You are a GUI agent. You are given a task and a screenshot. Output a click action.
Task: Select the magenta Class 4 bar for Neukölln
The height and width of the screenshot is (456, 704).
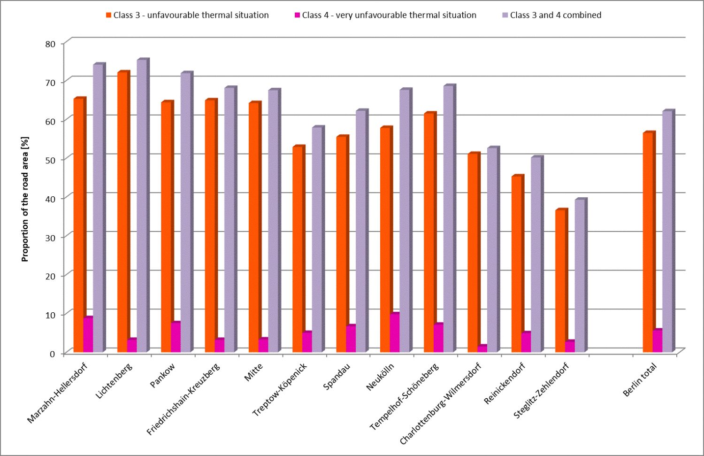coord(394,333)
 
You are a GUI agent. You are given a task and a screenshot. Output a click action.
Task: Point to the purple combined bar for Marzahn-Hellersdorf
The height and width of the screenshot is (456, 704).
coord(98,209)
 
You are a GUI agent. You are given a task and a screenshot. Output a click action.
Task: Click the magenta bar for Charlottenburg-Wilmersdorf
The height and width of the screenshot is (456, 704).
coord(482,349)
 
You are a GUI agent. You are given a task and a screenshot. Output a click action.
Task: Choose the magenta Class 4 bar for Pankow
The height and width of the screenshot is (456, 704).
coord(175,338)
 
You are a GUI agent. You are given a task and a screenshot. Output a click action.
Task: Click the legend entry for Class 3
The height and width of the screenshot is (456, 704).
coord(187,15)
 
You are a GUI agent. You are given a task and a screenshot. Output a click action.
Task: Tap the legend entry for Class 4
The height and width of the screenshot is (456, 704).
coord(385,15)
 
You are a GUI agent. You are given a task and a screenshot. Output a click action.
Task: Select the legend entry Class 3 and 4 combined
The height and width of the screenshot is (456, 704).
coord(551,15)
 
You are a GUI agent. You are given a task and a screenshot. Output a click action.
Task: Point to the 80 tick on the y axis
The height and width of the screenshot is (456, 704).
coord(50,44)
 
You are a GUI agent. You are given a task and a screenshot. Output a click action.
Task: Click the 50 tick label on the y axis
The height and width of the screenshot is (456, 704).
coord(50,160)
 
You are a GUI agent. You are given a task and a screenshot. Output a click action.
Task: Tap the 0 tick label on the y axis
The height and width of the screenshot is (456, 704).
coord(53,354)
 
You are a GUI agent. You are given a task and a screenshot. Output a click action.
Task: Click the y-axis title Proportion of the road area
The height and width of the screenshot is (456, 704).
coord(25,199)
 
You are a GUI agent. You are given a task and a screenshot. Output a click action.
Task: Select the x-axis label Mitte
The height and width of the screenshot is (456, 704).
coord(253,372)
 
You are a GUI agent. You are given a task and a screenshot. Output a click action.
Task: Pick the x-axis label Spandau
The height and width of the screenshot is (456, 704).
coord(337,377)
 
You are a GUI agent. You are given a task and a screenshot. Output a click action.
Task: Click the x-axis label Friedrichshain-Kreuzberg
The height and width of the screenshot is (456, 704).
coord(183,399)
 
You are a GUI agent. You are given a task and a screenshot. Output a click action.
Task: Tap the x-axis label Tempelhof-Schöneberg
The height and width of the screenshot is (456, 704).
coord(404,397)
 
